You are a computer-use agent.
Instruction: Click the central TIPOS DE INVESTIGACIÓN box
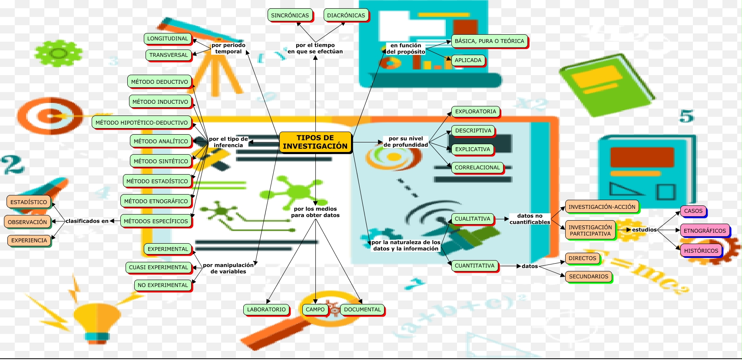[x=315, y=142]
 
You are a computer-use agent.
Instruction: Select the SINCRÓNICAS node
[x=290, y=15]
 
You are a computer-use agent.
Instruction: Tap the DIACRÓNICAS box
[x=346, y=15]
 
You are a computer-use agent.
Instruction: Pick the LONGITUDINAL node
[x=168, y=39]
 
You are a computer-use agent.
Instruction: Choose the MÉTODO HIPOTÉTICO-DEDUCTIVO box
[x=142, y=122]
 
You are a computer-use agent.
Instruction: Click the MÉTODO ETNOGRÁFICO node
[x=156, y=201]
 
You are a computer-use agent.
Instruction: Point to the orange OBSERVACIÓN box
[x=27, y=222]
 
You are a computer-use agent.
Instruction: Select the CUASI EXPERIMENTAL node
[x=159, y=267]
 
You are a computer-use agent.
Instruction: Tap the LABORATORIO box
[x=266, y=310]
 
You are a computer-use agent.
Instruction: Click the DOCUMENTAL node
[x=362, y=310]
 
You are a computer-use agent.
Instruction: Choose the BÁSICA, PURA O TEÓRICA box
[x=489, y=41]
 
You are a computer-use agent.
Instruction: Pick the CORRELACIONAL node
[x=477, y=168]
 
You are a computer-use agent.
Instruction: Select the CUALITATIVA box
[x=472, y=219]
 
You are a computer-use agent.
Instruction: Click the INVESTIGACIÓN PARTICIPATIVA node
[x=590, y=230]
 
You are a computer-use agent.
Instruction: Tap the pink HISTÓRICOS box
[x=701, y=251]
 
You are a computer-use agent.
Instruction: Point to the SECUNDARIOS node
[x=589, y=277]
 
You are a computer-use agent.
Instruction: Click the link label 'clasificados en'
[x=87, y=221]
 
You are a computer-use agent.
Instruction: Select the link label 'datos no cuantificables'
[x=530, y=219]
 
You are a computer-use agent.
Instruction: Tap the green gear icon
[x=58, y=53]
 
